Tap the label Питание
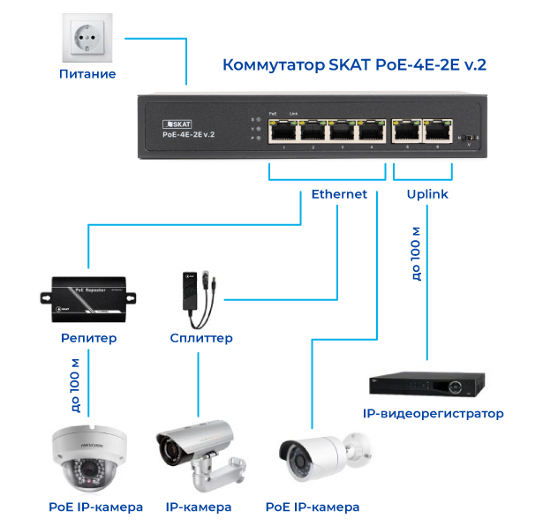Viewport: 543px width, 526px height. (87, 74)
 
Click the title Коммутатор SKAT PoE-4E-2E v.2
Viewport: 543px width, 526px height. (355, 65)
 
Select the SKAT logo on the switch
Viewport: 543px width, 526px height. (179, 122)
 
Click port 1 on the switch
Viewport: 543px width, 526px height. (283, 131)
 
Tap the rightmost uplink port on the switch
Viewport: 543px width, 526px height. (436, 131)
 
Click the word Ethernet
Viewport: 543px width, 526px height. (339, 194)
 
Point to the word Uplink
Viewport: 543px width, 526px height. (427, 194)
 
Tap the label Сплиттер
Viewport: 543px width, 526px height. (201, 338)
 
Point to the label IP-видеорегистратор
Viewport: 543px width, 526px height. (434, 413)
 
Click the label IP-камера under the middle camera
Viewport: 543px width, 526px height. (199, 507)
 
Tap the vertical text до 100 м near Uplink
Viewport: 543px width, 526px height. (416, 252)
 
